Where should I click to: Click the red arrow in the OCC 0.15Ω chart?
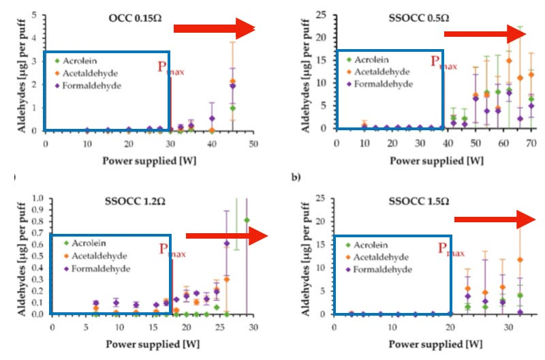click(213, 28)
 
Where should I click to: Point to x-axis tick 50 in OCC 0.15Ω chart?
click(253, 143)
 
